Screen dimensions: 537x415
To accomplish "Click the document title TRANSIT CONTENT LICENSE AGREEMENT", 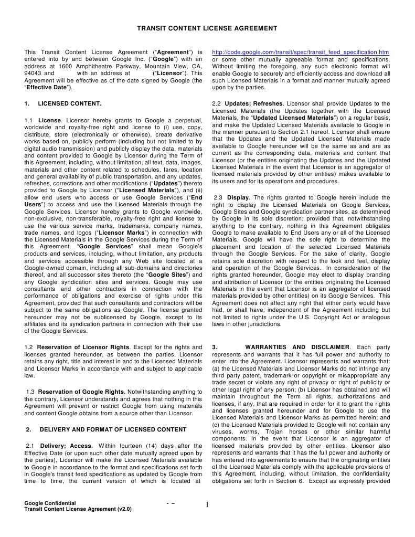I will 207,27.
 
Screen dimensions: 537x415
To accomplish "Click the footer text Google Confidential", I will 50,503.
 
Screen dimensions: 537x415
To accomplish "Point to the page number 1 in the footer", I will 207,505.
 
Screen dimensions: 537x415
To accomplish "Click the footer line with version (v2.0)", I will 78,509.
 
